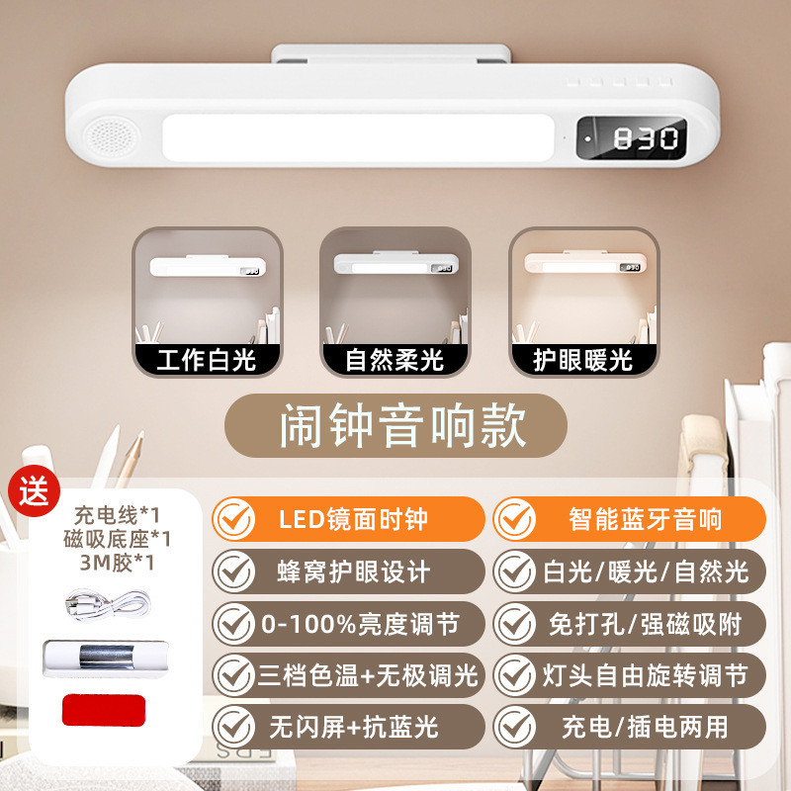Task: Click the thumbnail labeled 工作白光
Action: tap(207, 302)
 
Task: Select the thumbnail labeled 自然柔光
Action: tap(395, 302)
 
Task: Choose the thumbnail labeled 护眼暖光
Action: tap(583, 302)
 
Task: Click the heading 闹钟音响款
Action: tap(395, 426)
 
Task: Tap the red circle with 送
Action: tap(34, 490)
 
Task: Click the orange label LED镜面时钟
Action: tap(347, 518)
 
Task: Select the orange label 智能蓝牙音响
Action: tap(631, 518)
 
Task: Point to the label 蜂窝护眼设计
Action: tap(347, 571)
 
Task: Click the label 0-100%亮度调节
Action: tap(347, 623)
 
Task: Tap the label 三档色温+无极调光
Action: tap(347, 675)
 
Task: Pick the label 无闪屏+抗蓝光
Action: tap(347, 728)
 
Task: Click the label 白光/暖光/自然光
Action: tap(631, 571)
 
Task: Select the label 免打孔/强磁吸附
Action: tap(631, 623)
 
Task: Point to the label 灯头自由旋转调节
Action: tap(631, 675)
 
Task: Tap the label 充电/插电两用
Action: tap(631, 728)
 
